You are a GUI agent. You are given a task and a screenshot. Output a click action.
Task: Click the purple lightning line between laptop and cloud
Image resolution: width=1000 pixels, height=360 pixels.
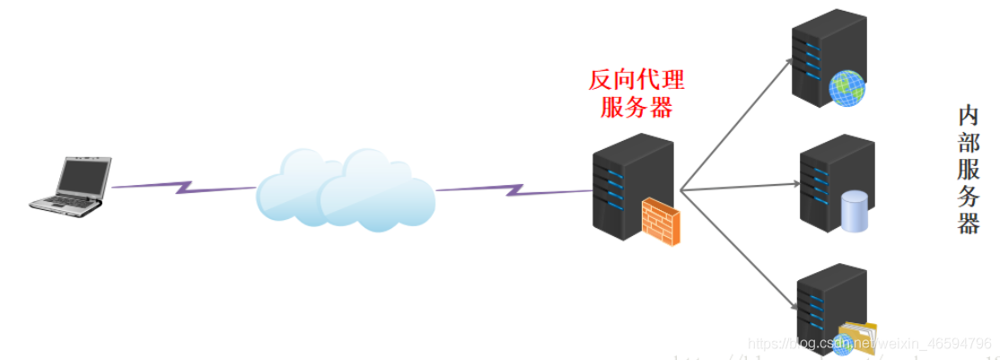coord(183,188)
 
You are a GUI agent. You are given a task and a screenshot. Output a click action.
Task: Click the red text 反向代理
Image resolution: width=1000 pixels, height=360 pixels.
coord(636,81)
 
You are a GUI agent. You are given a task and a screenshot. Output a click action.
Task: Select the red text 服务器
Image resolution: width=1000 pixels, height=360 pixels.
coord(636,108)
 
